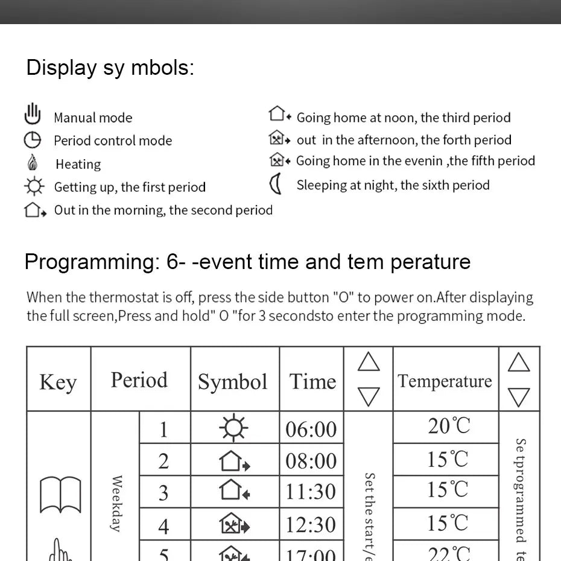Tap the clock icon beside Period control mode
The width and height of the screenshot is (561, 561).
pyautogui.click(x=33, y=141)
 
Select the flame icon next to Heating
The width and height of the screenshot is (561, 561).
pyautogui.click(x=33, y=163)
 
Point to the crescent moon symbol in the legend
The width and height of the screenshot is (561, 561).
pyautogui.click(x=276, y=184)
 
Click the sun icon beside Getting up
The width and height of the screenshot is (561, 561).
pyautogui.click(x=34, y=186)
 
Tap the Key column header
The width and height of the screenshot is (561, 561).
pyautogui.click(x=58, y=382)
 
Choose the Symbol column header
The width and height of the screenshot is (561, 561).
pyautogui.click(x=232, y=382)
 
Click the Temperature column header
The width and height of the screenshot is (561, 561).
pyautogui.click(x=445, y=381)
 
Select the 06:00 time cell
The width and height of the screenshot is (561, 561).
pyautogui.click(x=311, y=429)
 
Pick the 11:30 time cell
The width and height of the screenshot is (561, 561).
pyautogui.click(x=311, y=492)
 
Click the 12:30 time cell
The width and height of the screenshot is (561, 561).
pyautogui.click(x=311, y=524)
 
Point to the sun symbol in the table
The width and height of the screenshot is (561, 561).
pyautogui.click(x=233, y=428)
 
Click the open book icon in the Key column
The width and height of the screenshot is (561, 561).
pyautogui.click(x=60, y=495)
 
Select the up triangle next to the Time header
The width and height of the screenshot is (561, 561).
pyautogui.click(x=369, y=362)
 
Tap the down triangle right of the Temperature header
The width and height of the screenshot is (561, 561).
pyautogui.click(x=519, y=397)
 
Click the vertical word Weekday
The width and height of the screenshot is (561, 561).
pyautogui.click(x=116, y=504)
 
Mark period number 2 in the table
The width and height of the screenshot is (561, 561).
pyautogui.click(x=163, y=461)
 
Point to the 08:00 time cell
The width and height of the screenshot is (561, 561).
pyautogui.click(x=311, y=461)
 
